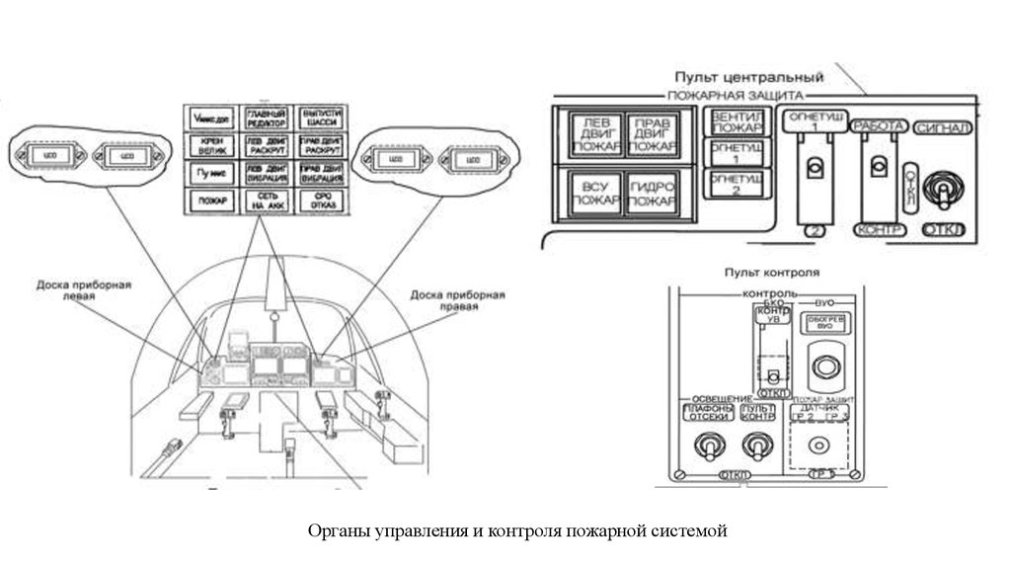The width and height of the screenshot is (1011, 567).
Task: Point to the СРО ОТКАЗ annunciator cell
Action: coord(322,201)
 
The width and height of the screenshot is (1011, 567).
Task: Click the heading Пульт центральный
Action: coord(749,76)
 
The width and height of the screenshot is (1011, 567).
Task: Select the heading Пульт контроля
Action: coord(770,271)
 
